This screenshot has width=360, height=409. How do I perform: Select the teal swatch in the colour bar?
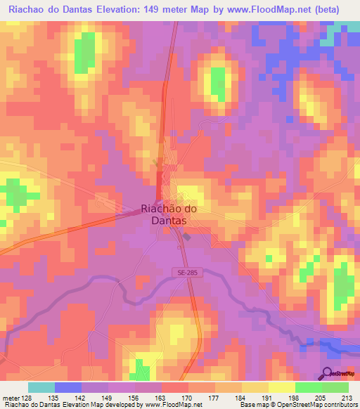41,387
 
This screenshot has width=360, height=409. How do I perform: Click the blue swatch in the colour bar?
68,387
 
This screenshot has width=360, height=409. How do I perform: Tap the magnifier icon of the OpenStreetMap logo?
328,373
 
